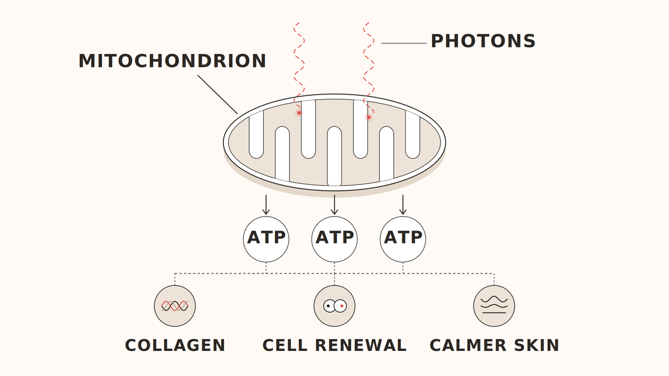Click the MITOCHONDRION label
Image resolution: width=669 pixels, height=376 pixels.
pos(172,61)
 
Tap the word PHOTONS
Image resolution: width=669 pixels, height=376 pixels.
pos(483,41)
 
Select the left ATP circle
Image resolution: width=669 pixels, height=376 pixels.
pos(266,240)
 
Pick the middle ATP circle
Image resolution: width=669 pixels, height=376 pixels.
pos(334,240)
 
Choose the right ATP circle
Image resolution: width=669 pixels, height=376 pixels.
pos(403,240)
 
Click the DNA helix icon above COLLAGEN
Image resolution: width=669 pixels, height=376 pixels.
pos(174,306)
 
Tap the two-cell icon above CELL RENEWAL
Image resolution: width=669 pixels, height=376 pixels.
pos(334,306)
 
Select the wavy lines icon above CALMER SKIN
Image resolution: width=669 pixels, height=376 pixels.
pos(494,306)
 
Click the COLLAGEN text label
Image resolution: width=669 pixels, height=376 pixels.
pos(175,345)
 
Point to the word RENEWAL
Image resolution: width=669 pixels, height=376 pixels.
pos(361,345)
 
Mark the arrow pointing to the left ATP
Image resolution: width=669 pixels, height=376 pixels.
pos(266,205)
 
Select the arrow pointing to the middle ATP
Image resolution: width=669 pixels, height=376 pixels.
pos(334,205)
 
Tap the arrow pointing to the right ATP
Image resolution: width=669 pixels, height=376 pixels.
pos(403,205)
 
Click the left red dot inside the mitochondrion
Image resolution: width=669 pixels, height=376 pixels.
pos(299,113)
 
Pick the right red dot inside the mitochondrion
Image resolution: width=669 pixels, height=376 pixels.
pos(369,118)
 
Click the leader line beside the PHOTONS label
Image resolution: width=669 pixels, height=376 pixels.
pos(404,43)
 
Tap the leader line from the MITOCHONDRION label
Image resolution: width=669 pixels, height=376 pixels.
pos(217,94)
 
